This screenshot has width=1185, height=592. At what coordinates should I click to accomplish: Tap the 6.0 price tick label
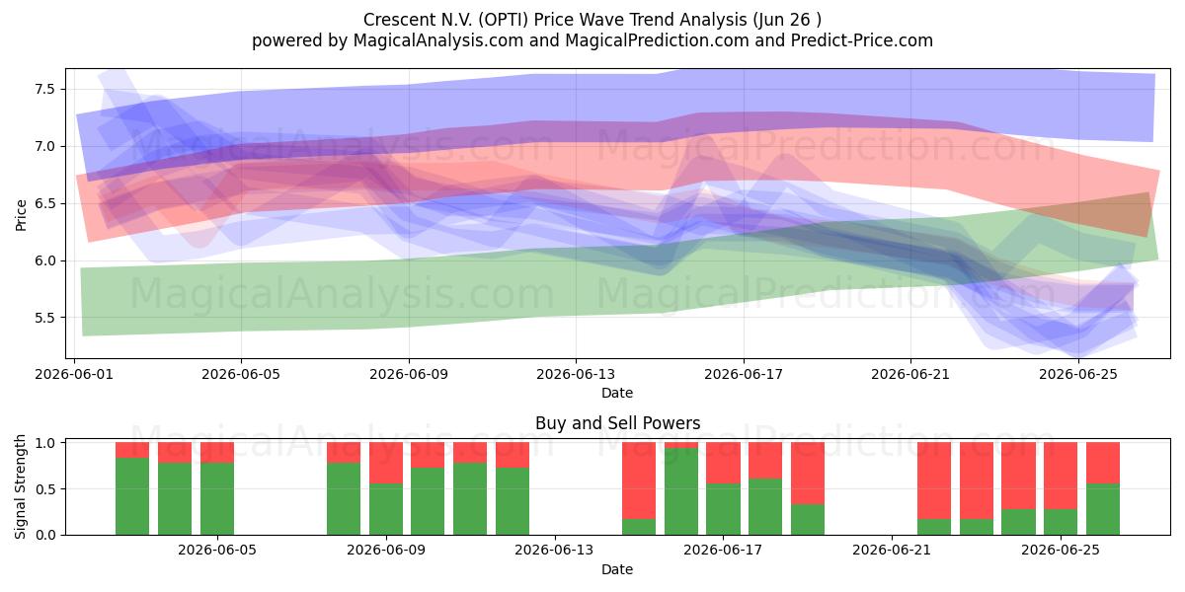coord(45,260)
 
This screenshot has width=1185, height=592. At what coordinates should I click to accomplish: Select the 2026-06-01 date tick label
coord(74,374)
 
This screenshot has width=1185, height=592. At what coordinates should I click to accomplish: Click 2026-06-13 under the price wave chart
coord(576,374)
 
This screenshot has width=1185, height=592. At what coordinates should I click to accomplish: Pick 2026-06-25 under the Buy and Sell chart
coord(1061,550)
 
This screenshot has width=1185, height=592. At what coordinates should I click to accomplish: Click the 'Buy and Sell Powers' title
coord(618,423)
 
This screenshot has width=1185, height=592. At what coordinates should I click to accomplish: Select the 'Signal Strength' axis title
coord(20,486)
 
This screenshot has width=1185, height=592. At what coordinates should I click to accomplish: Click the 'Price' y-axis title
coord(21,215)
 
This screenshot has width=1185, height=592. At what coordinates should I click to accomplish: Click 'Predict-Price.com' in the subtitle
coord(862,40)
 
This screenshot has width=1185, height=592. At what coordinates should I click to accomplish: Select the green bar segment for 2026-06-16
coord(681,491)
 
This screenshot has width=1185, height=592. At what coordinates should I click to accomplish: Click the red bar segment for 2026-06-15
coord(639,481)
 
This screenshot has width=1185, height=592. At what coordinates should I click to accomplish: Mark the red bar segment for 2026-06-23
coord(977,481)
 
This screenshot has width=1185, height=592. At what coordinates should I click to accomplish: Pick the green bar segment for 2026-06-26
coord(1103,509)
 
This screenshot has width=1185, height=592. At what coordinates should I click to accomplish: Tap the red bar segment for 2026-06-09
coord(386,463)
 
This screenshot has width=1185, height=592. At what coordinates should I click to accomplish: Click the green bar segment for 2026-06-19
coord(808,520)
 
